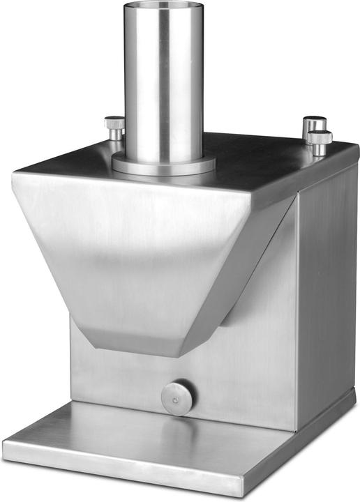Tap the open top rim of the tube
[x=163, y=6]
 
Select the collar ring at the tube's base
[x=163, y=165]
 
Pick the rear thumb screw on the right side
[x=314, y=124]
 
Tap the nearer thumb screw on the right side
[x=320, y=142]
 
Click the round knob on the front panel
[x=178, y=398]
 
